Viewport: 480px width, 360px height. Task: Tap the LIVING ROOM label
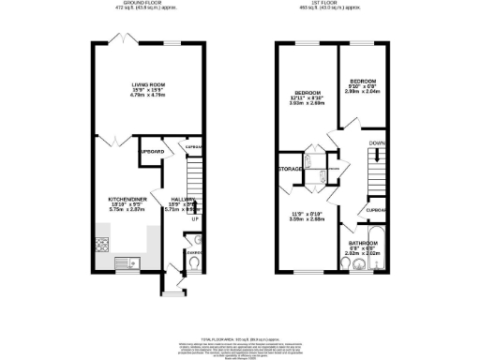click(x=147, y=85)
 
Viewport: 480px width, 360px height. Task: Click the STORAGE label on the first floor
click(x=290, y=170)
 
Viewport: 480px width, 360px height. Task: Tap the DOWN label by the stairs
click(x=376, y=143)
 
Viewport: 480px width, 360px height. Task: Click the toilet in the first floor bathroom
click(x=350, y=265)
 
